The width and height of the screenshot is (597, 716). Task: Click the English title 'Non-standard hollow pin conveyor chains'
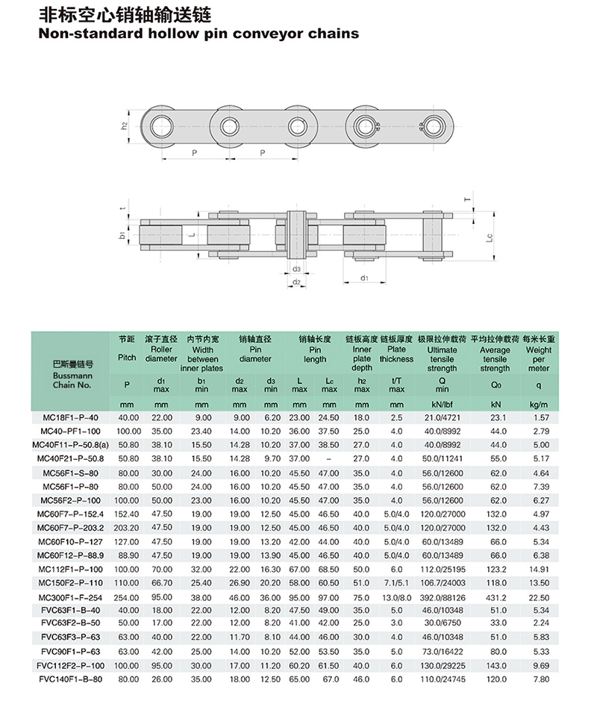pyautogui.click(x=198, y=34)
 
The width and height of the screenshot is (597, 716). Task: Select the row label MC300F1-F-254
pyautogui.click(x=72, y=598)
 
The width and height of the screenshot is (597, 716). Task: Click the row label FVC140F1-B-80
pyautogui.click(x=72, y=679)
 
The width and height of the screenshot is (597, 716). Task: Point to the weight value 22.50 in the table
pyautogui.click(x=539, y=598)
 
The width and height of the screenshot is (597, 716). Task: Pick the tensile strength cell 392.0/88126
pyautogui.click(x=442, y=598)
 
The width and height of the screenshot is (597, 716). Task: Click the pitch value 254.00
pyautogui.click(x=128, y=598)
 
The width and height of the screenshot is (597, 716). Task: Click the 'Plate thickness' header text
pyautogui.click(x=396, y=354)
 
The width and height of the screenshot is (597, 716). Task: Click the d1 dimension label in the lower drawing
pyautogui.click(x=364, y=278)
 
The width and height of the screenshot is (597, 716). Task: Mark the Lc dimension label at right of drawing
pyautogui.click(x=489, y=238)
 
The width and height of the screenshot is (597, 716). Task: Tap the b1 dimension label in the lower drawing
pyautogui.click(x=122, y=235)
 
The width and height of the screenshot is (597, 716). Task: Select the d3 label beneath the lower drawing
pyautogui.click(x=296, y=268)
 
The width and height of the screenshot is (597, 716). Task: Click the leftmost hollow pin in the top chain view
pyautogui.click(x=160, y=125)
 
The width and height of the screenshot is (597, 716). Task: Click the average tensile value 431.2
pyautogui.click(x=495, y=598)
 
